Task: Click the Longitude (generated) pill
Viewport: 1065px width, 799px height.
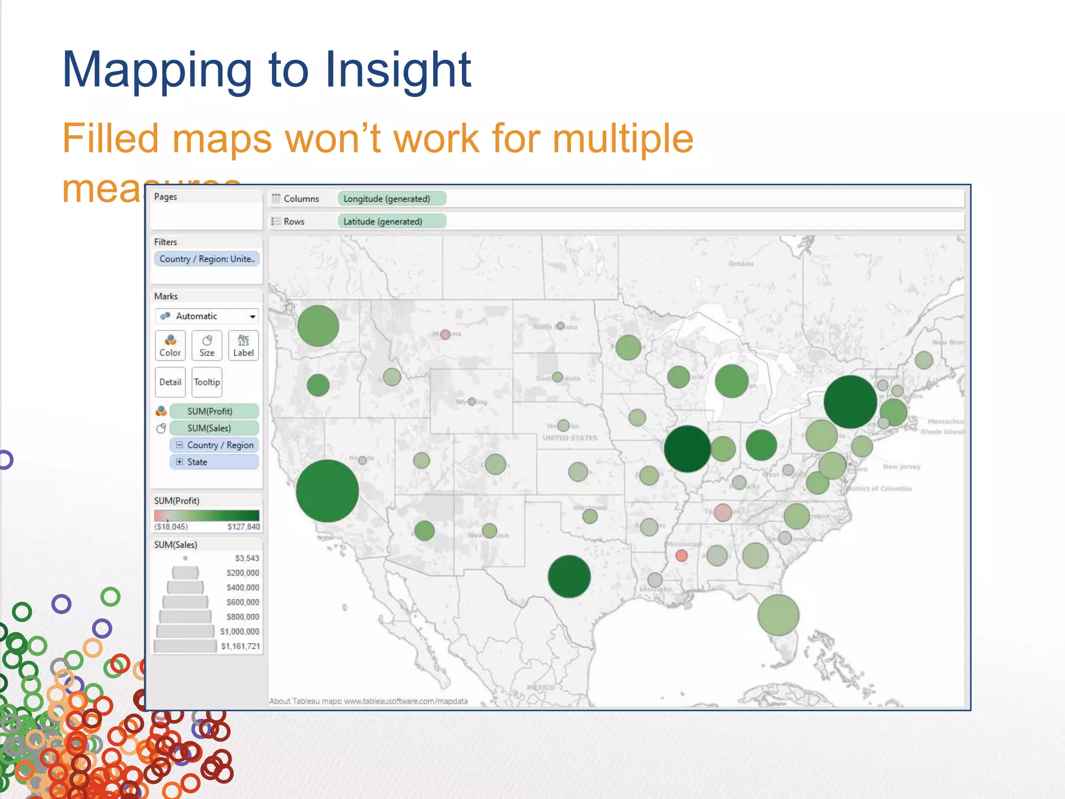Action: pos(392,199)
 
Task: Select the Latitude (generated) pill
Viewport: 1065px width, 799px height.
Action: pos(392,222)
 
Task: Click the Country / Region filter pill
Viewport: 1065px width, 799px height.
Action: pos(207,259)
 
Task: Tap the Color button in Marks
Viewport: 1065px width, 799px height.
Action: pos(170,345)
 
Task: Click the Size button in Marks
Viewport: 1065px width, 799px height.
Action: pos(207,345)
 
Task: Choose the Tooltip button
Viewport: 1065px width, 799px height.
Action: pos(207,382)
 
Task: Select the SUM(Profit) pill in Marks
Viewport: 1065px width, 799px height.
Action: pos(214,411)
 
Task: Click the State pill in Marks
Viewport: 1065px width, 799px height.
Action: pos(214,462)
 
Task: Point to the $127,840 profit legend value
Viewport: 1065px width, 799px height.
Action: pos(243,527)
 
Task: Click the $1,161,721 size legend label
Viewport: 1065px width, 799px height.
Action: pos(240,646)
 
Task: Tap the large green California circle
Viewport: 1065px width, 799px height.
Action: pos(327,491)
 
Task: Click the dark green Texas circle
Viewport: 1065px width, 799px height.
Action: pos(569,576)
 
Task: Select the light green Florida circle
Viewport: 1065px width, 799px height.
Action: pos(778,615)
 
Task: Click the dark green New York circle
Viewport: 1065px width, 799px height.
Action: pos(850,402)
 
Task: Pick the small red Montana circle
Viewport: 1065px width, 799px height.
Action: pos(445,334)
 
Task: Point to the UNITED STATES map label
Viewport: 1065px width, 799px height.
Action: pos(570,438)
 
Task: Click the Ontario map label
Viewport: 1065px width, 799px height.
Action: pos(741,264)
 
